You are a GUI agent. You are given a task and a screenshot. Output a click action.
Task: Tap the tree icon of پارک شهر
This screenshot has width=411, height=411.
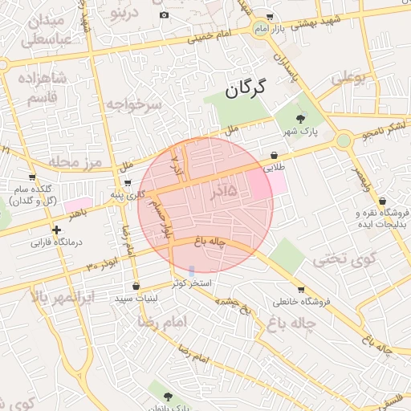pos(300,118)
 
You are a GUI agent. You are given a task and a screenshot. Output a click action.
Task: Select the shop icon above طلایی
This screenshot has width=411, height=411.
pos(275,155)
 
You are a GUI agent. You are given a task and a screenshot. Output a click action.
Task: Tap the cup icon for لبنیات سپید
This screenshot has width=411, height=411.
pos(135,286)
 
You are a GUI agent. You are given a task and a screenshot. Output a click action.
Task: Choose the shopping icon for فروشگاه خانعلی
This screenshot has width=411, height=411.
pos(300,290)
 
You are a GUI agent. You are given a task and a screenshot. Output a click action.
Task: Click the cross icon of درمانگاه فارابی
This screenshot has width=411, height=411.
pos(56,230)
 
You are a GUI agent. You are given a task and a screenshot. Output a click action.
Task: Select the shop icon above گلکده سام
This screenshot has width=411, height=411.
pos(32,177)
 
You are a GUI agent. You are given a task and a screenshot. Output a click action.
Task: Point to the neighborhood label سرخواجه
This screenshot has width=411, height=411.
pos(135,104)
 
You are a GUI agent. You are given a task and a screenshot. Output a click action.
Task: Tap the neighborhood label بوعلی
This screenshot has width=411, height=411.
pos(348,78)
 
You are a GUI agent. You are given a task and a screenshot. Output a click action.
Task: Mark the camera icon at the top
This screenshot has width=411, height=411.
pos(165,14)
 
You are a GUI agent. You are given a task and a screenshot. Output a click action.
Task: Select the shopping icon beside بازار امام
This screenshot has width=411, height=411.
pos(269,16)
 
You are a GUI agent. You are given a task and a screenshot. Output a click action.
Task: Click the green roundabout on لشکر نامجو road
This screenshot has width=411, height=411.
pos(344,140)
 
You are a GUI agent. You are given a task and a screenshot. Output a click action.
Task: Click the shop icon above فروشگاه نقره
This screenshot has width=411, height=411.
pos(382,201)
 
